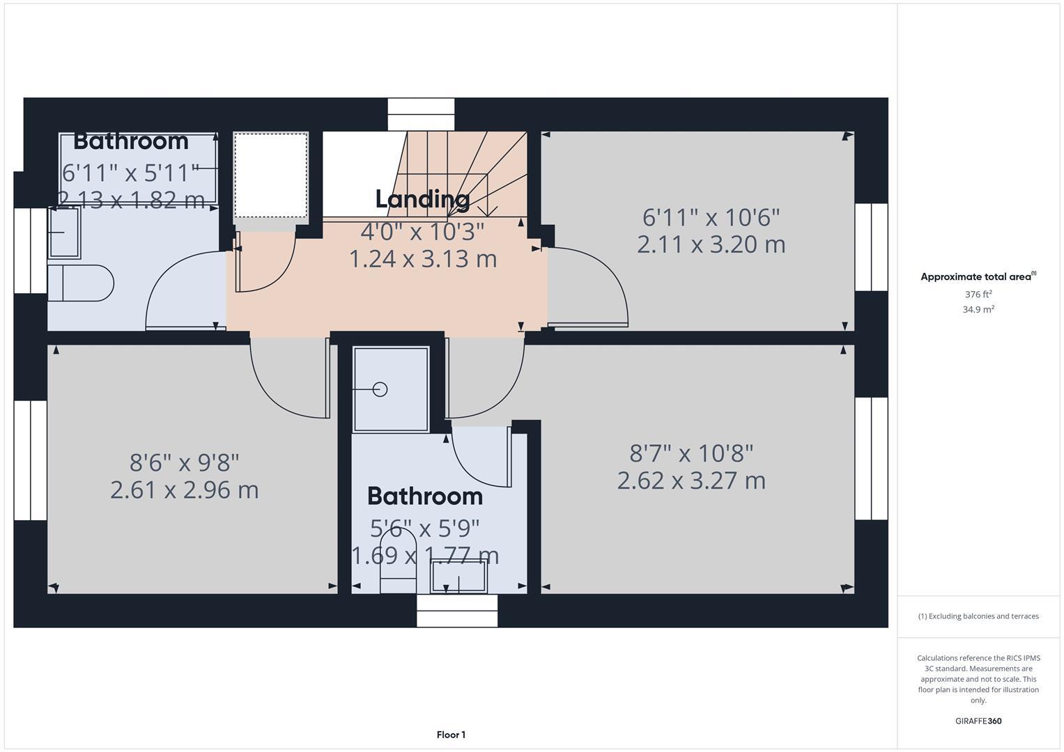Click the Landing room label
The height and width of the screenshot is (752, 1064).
422,199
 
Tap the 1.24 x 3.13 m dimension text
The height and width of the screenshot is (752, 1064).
422,258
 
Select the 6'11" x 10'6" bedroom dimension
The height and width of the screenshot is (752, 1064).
711,217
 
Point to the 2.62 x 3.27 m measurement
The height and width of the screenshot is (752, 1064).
691,480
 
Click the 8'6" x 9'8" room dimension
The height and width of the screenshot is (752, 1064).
185,462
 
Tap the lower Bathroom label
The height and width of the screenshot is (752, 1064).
424,496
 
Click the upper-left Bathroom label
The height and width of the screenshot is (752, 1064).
131,141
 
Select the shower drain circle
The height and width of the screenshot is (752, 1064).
380,389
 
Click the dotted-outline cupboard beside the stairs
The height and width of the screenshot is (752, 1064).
270,175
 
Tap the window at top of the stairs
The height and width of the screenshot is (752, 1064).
421,114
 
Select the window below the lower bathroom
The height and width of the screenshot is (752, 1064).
457,611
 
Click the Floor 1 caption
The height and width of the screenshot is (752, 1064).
451,735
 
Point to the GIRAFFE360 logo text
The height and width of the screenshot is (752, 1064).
978,721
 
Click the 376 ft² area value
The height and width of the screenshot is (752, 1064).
978,295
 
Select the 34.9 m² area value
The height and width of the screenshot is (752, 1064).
978,310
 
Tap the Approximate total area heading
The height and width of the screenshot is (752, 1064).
978,276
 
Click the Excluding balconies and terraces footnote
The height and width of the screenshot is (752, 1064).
978,616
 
